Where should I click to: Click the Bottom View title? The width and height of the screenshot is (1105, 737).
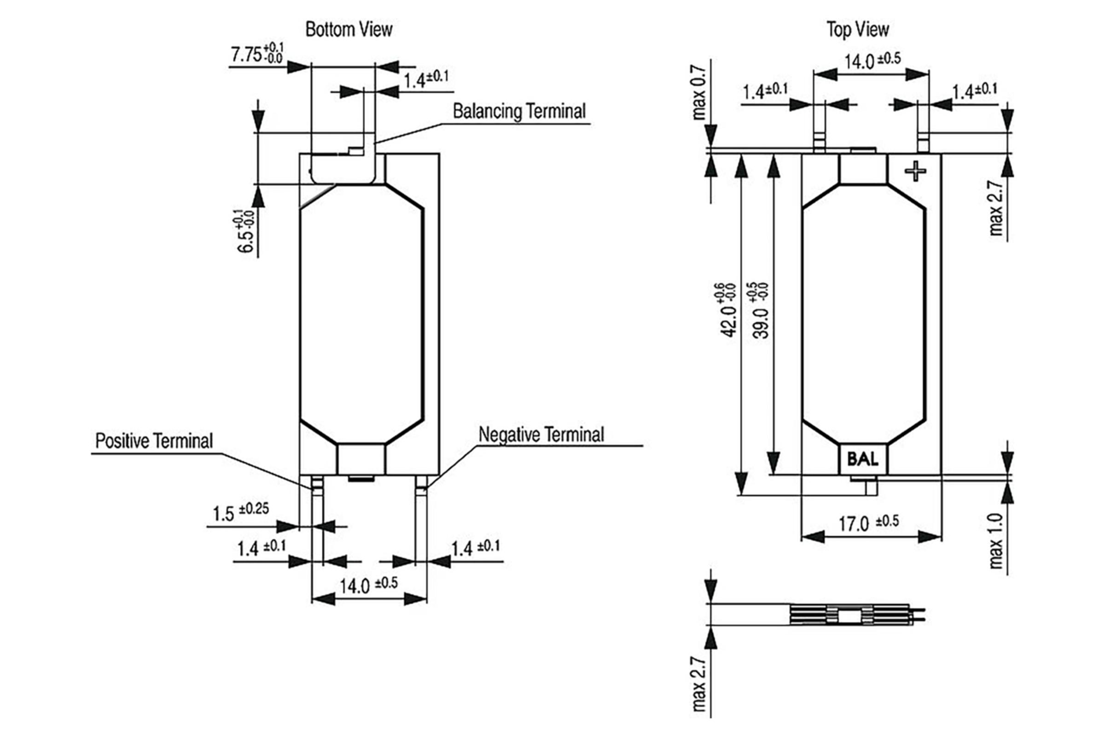point(349,29)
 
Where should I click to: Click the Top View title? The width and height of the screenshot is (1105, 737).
point(857,29)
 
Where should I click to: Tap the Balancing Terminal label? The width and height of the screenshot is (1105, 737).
point(519,111)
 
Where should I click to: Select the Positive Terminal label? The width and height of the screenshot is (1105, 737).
point(154,441)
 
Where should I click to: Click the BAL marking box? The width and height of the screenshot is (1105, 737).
point(863,459)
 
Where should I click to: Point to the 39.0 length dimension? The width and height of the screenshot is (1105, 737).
point(760,310)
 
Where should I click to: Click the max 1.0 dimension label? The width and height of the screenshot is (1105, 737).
point(995,540)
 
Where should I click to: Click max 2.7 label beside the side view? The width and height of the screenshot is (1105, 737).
point(699,684)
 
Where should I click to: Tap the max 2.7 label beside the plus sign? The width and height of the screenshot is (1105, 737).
point(995,208)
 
